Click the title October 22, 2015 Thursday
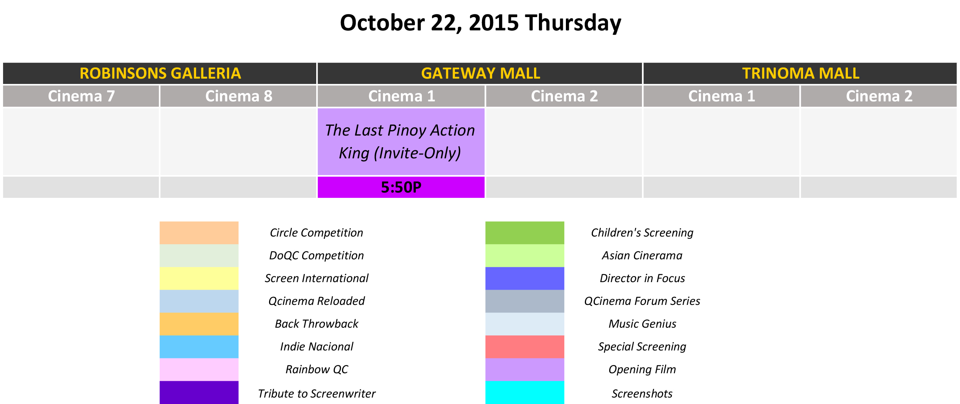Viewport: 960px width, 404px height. point(480,23)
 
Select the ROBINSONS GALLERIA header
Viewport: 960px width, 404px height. point(160,73)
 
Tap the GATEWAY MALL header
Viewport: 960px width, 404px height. point(480,73)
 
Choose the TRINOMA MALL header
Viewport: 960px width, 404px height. point(800,73)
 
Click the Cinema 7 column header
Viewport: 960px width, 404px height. point(81,96)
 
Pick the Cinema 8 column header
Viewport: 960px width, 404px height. point(238,96)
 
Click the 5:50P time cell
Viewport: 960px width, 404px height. point(401,187)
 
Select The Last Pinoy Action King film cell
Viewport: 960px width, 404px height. point(401,142)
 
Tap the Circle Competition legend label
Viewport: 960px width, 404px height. point(316,233)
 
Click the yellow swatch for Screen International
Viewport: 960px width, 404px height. point(199,278)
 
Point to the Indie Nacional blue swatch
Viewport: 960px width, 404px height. point(199,347)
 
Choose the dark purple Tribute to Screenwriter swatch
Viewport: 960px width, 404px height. point(199,392)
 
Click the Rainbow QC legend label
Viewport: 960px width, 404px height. point(317,369)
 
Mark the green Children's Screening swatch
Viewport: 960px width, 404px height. point(525,233)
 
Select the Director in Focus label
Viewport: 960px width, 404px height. point(642,278)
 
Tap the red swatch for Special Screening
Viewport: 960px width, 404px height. point(525,347)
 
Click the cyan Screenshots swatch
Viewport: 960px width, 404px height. point(525,392)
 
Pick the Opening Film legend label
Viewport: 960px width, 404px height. point(642,369)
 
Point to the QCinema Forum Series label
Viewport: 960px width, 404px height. point(642,301)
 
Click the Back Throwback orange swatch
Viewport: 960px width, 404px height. point(199,324)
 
